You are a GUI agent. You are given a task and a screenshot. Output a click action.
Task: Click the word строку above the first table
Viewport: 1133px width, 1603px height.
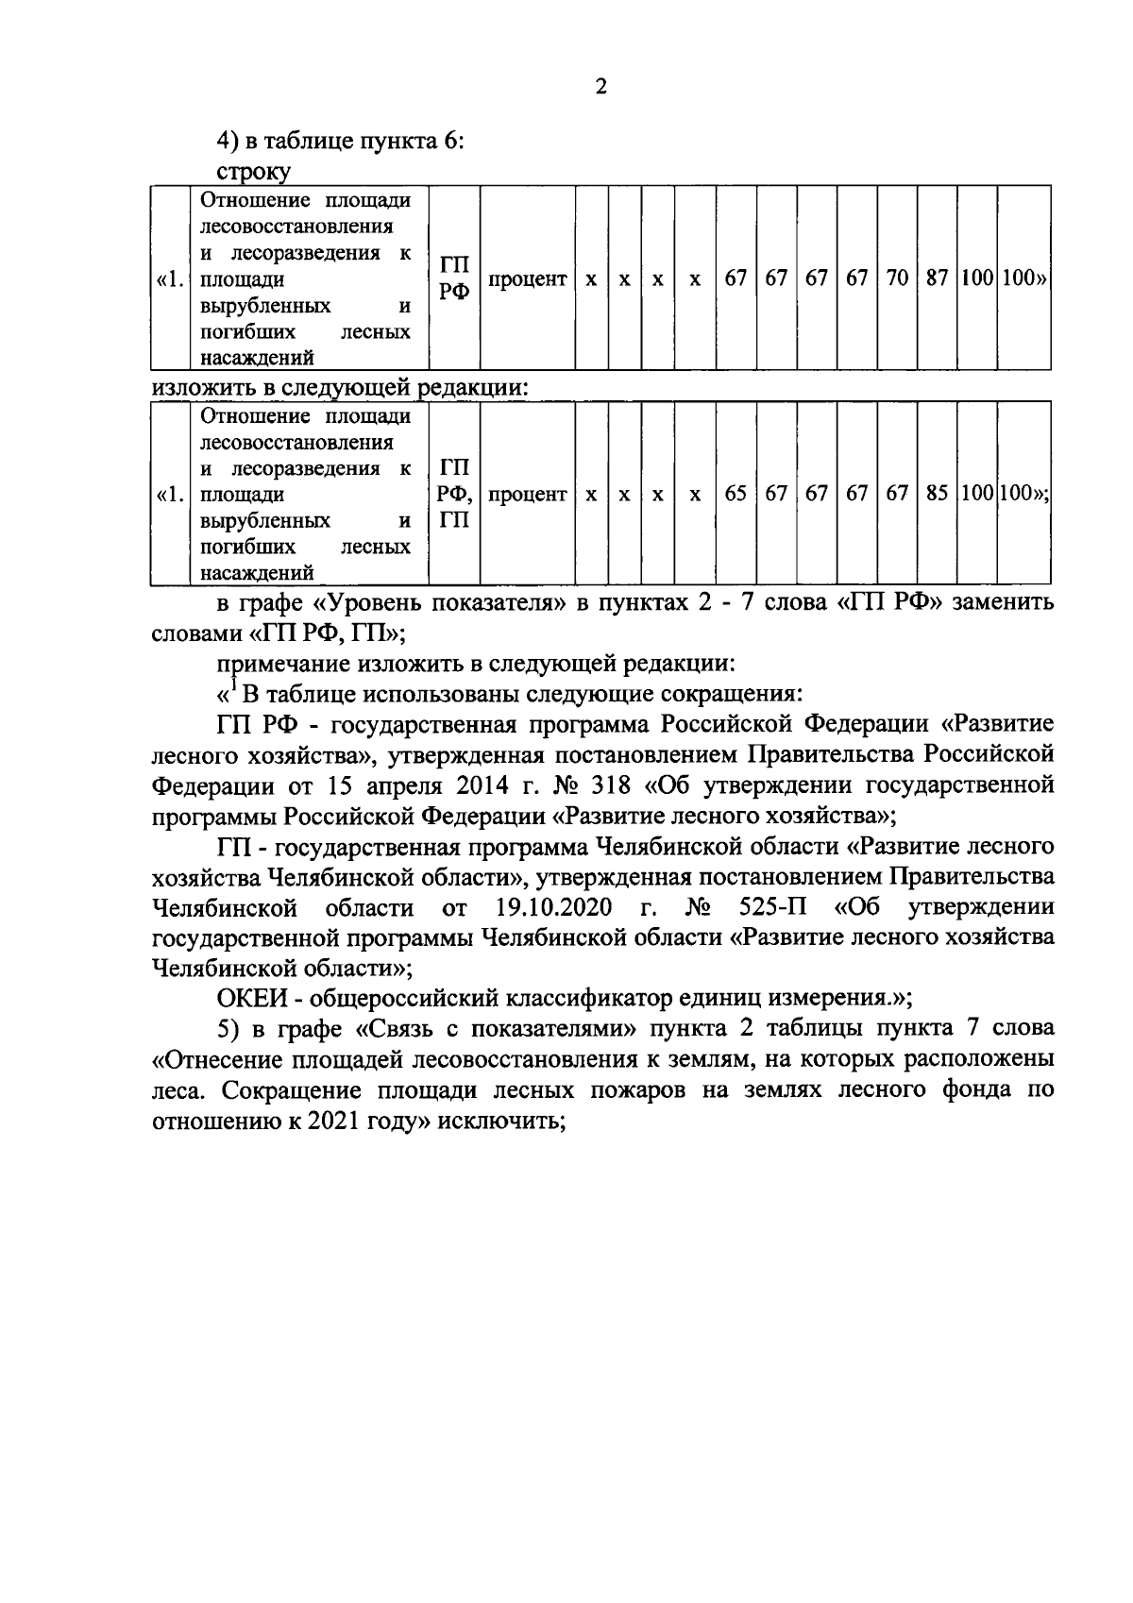pos(253,171)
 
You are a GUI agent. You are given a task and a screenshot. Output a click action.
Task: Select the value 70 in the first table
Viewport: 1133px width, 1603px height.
pos(897,279)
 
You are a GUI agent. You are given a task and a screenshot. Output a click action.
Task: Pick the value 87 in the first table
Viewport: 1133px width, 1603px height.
pos(937,279)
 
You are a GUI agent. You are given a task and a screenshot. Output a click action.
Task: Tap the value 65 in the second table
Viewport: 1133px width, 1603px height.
pos(736,494)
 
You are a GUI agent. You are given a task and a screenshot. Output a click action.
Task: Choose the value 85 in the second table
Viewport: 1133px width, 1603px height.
pos(937,494)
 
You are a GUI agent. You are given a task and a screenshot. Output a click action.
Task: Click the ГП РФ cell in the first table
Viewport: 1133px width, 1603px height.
pos(454,278)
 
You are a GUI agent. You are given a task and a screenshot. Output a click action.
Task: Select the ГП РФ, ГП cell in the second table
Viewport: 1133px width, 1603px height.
pos(455,494)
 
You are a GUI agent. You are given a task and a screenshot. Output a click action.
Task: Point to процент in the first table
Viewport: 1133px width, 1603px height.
pos(528,279)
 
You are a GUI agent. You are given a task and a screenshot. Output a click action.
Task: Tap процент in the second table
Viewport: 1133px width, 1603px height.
pos(528,494)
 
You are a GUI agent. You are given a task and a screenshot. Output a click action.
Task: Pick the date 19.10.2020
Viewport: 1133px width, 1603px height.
pos(552,908)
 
